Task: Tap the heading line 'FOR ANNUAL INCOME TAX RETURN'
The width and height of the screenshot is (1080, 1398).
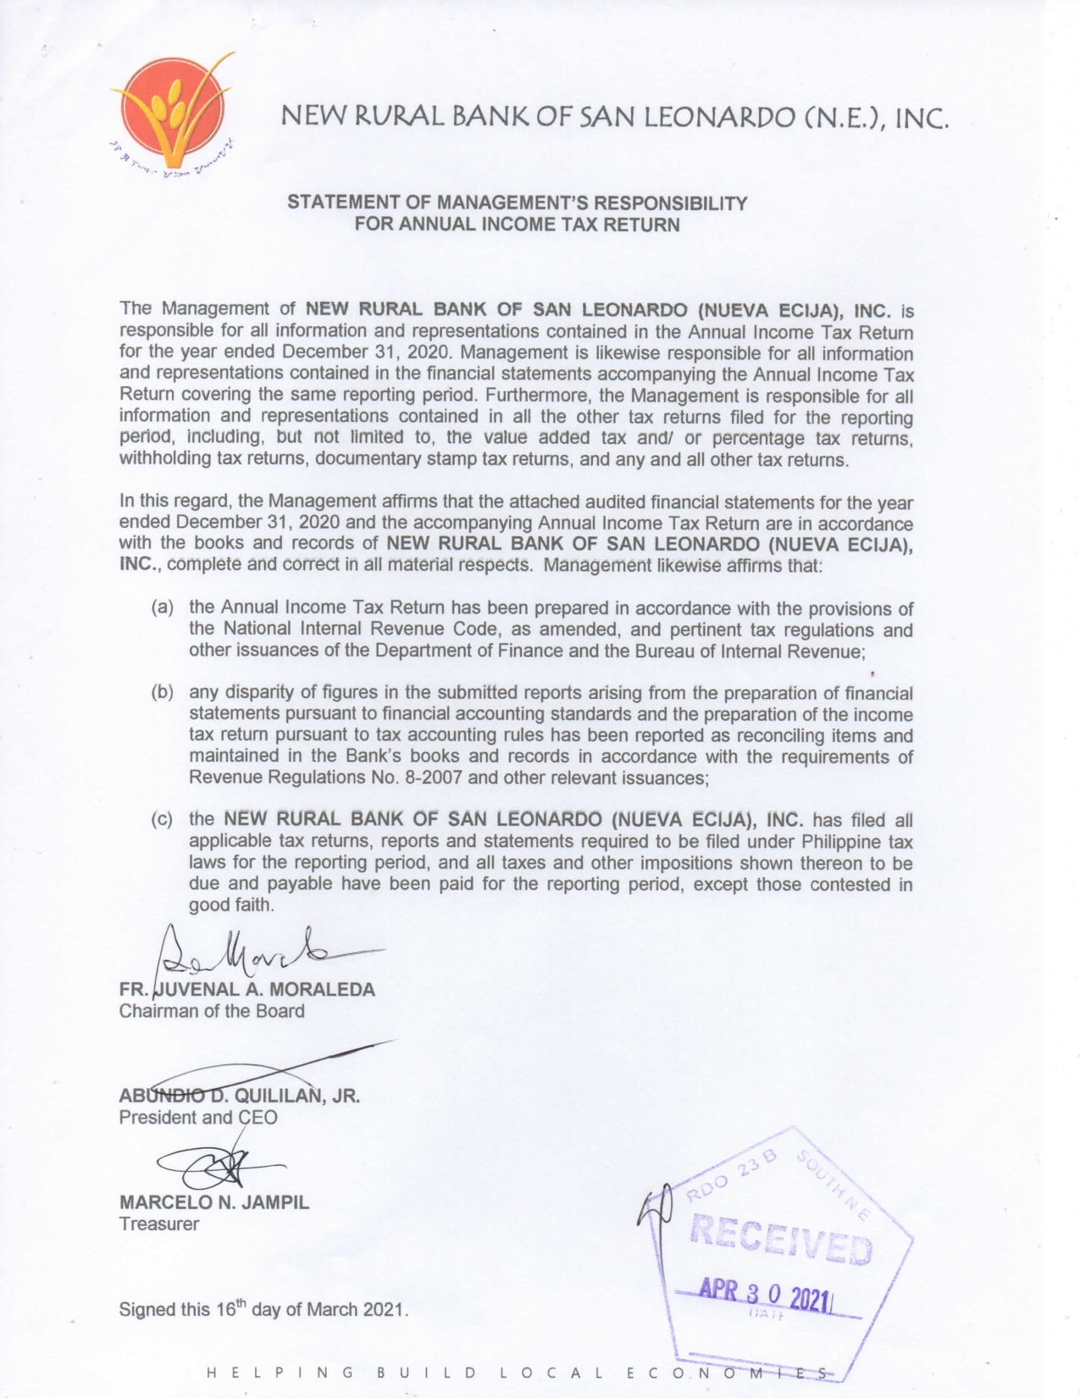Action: coord(517,225)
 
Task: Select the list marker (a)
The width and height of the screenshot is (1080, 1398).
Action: coord(163,607)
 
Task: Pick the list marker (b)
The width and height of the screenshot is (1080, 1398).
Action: coord(163,692)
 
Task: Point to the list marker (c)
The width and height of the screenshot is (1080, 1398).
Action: coord(163,820)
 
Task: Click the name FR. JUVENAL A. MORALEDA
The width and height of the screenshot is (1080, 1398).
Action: coord(247,989)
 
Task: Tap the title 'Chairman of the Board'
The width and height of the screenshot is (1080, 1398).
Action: coord(212,1011)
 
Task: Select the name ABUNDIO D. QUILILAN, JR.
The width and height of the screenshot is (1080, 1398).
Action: coord(240,1095)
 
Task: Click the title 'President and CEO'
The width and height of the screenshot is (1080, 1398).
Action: coord(198,1117)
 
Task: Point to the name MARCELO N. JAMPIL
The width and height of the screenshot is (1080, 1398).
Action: coord(214,1202)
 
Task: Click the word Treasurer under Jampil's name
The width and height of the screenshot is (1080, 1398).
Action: coord(159,1223)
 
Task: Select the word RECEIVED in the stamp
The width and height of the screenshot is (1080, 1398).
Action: coord(781,1239)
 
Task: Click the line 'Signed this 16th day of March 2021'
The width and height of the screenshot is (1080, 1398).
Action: coord(263,1309)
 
